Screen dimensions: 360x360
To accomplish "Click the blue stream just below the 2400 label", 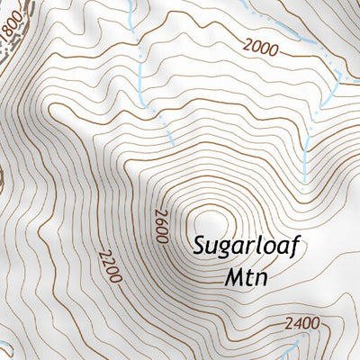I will [x=293, y=346].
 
